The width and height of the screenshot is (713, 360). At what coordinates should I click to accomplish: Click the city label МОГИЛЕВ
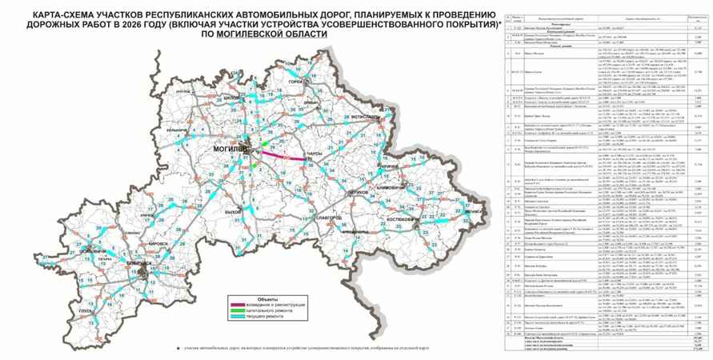coord(228,149)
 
